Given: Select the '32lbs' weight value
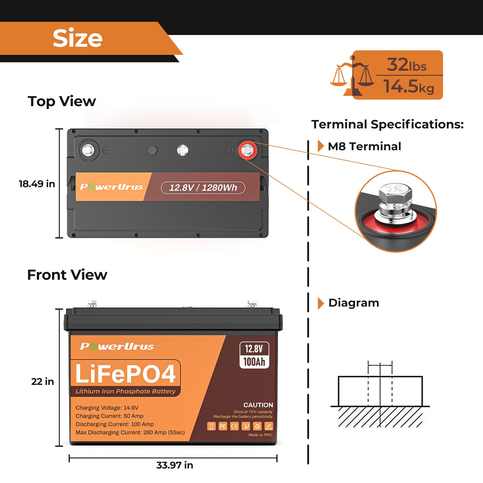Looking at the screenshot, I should tap(407, 65).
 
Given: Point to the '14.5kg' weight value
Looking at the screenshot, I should tap(409, 87).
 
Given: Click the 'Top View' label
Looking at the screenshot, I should tap(62, 101).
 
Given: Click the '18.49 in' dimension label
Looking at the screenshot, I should tap(37, 184).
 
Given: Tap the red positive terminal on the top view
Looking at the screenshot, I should tap(247, 150).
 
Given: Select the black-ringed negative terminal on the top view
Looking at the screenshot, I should tap(88, 150).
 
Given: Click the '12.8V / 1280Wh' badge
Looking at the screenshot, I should tap(203, 188).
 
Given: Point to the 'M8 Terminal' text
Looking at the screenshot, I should tap(364, 146).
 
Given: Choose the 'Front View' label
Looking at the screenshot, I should tap(67, 275).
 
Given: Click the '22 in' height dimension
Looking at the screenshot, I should tap(43, 382).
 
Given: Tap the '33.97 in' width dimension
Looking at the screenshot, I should tap(174, 465).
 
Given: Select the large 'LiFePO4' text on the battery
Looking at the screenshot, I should tap(125, 374).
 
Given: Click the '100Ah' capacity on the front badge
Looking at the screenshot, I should tap(254, 362).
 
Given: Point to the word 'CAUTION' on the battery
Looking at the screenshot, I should tap(258, 405).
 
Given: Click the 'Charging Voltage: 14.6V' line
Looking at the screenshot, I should tap(107, 408).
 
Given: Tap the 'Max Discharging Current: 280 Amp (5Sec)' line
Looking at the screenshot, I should tap(130, 433).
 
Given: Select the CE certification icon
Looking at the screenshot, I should tap(234, 426).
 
